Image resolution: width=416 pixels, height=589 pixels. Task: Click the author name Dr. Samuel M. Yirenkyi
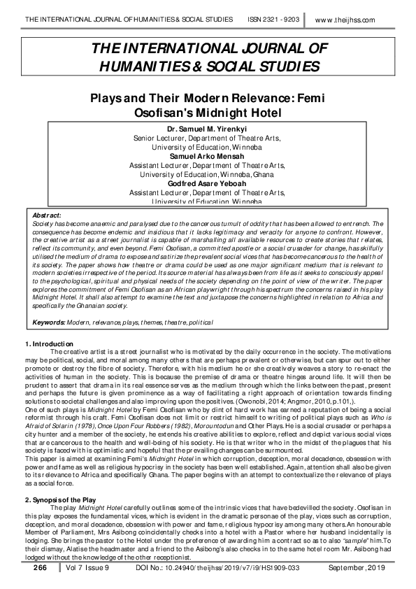pos(208,129)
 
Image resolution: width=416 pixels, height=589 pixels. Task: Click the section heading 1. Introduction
pos(49,343)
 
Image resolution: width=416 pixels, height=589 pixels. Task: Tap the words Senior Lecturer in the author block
pos(159,139)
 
